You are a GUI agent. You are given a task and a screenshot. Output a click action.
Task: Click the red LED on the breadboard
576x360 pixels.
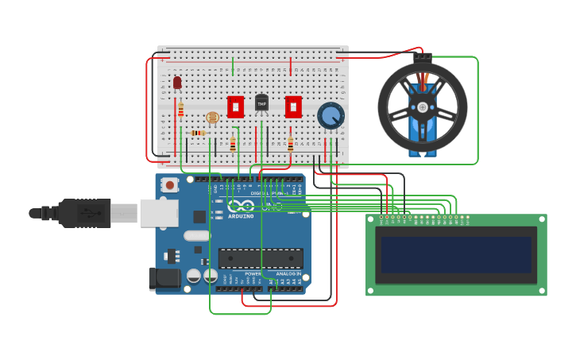pyautogui.click(x=177, y=82)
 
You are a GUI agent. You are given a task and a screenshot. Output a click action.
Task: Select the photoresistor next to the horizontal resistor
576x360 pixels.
pyautogui.click(x=212, y=118)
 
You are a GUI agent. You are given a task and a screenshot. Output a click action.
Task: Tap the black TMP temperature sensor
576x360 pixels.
pyautogui.click(x=261, y=103)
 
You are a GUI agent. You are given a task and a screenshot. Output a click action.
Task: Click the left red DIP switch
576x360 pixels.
pyautogui.click(x=235, y=106)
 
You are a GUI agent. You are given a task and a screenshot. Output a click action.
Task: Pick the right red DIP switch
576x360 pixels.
pyautogui.click(x=293, y=106)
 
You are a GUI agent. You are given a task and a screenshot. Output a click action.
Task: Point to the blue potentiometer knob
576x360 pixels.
pyautogui.click(x=331, y=116)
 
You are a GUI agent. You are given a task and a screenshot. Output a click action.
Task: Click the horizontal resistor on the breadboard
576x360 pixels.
pyautogui.click(x=198, y=133)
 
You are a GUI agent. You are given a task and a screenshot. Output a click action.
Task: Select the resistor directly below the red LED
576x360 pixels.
pyautogui.click(x=180, y=110)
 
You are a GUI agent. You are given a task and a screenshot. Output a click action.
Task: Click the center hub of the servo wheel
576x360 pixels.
pyautogui.click(x=423, y=106)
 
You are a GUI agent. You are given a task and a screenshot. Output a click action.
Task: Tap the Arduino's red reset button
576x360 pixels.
pyautogui.click(x=169, y=185)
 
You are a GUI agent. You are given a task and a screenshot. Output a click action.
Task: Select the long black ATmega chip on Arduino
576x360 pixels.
pyautogui.click(x=261, y=258)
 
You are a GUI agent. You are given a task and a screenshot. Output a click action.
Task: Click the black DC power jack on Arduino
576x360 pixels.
pyautogui.click(x=163, y=279)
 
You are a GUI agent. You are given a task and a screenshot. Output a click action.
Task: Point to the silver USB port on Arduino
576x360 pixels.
pyautogui.click(x=159, y=213)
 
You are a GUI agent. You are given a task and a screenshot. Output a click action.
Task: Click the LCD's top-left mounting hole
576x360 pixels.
pyautogui.click(x=371, y=219)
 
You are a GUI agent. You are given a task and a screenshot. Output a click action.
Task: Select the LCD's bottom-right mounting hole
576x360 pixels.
pyautogui.click(x=542, y=290)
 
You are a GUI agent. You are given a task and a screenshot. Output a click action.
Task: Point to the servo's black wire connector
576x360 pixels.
pyautogui.click(x=422, y=58)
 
